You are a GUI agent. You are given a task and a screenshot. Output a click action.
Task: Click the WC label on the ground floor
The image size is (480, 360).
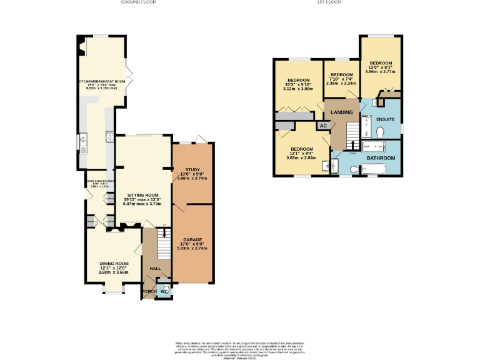(x=163, y=291)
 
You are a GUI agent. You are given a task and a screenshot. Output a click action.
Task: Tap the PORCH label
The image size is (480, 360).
(x=149, y=291)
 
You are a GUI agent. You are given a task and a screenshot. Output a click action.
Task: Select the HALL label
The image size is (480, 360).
(x=155, y=269)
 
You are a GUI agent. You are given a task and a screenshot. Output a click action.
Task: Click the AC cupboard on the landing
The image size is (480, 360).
(x=323, y=126)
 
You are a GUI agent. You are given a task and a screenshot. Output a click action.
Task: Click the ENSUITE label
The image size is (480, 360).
(x=385, y=118)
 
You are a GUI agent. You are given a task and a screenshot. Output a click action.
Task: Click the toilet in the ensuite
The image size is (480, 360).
(x=381, y=131)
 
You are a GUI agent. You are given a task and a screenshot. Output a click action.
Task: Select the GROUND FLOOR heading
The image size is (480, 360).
(x=138, y=2)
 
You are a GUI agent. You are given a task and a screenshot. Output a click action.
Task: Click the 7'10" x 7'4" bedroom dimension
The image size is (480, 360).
(x=341, y=79)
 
